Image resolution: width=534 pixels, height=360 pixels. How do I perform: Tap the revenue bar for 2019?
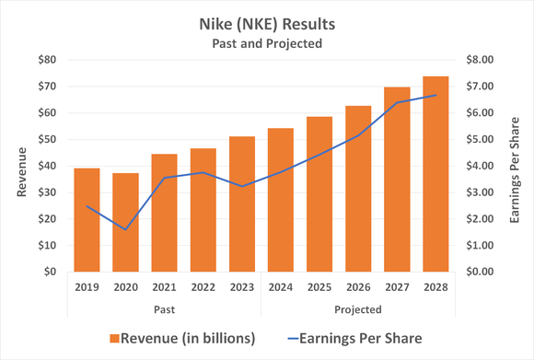pyautogui.click(x=87, y=220)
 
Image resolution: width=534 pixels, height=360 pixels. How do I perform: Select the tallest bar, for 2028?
pyautogui.click(x=436, y=174)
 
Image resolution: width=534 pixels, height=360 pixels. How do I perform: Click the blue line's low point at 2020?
pyautogui.click(x=126, y=229)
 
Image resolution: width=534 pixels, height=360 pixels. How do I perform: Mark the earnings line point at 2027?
pyautogui.click(x=398, y=102)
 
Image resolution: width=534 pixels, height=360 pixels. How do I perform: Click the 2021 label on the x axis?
pyautogui.click(x=165, y=286)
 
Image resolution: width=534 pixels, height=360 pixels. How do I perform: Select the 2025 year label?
pyautogui.click(x=320, y=286)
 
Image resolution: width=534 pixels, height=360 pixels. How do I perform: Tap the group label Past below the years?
pyautogui.click(x=165, y=308)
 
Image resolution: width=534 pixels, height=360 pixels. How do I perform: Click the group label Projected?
pyautogui.click(x=359, y=308)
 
